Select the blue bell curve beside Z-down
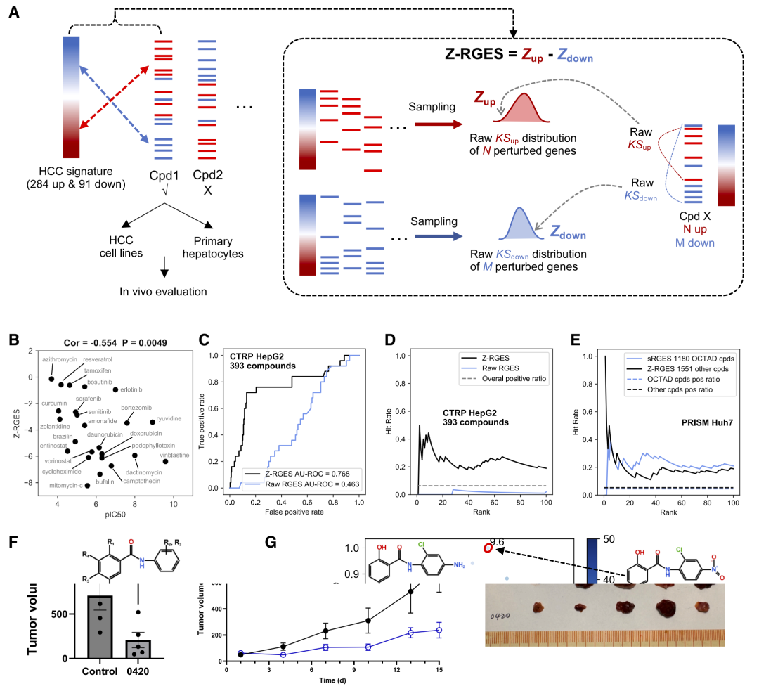[518, 224]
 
